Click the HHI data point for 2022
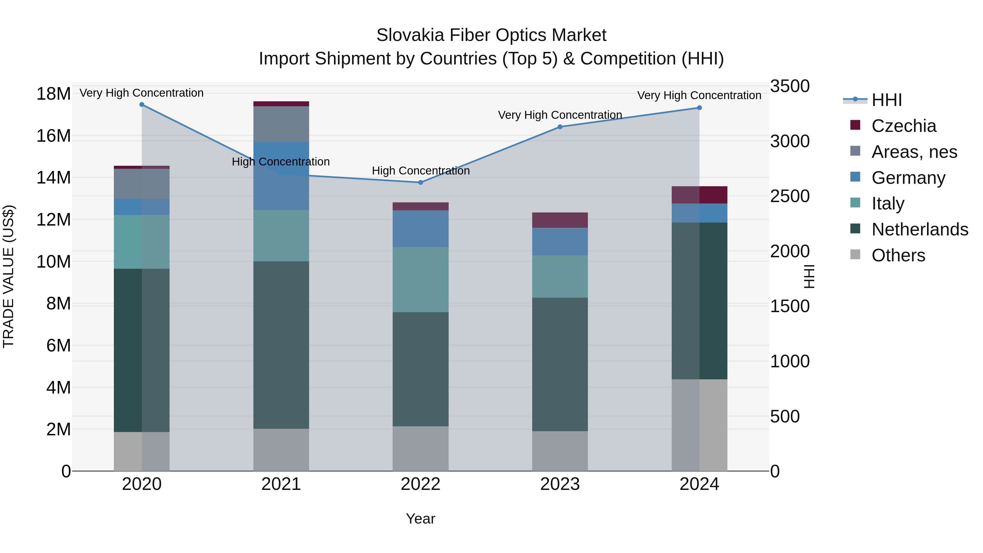421,182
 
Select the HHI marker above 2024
699,108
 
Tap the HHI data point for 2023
560,127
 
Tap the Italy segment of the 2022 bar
421,279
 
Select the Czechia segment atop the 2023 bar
560,220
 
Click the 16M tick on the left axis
54,136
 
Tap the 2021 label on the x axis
281,484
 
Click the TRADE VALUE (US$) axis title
8,276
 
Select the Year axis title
420,519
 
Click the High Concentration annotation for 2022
421,171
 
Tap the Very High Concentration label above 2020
141,93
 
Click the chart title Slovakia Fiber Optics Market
491,35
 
